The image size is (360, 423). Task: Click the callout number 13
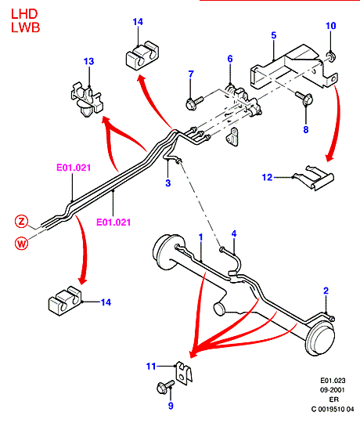[89, 62]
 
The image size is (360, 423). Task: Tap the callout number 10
[331, 26]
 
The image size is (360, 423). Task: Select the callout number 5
[274, 35]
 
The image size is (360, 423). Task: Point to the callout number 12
[268, 177]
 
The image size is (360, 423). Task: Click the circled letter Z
[22, 222]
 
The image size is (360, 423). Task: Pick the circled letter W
[22, 244]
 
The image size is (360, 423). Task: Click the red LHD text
[24, 14]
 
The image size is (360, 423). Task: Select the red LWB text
[26, 27]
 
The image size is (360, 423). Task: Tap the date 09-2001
[333, 390]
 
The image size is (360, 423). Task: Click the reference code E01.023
[333, 381]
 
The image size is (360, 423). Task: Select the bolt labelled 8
[304, 98]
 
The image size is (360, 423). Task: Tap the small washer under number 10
[331, 56]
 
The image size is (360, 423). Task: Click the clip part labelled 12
[314, 178]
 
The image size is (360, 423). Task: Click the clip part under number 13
[87, 98]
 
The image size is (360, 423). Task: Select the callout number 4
[234, 233]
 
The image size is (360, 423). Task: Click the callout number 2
[326, 291]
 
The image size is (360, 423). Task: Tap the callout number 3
[168, 183]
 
